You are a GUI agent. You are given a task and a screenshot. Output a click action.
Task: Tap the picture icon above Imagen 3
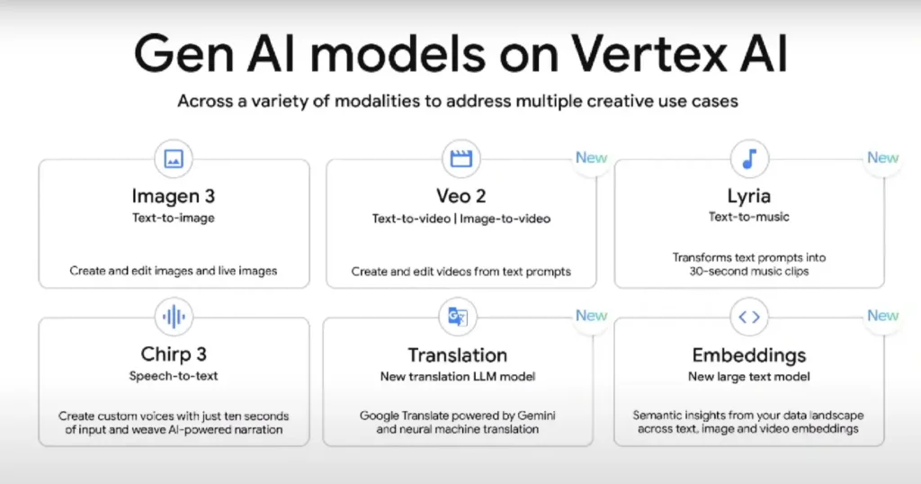(174, 158)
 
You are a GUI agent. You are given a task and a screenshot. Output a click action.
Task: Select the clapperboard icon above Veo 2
(461, 158)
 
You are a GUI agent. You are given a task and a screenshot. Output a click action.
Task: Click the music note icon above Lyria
(749, 158)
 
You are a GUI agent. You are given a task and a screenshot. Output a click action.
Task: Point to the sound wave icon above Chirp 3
(174, 317)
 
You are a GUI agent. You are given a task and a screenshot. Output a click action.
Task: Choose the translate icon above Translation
(458, 317)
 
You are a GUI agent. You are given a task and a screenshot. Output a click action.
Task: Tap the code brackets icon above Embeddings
(749, 318)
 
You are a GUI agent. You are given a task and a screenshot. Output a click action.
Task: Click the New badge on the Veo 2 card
(591, 157)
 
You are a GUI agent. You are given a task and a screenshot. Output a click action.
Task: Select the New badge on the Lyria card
(883, 157)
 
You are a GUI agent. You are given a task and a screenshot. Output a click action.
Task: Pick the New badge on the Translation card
(591, 316)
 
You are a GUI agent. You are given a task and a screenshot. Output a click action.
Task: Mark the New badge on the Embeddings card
(883, 316)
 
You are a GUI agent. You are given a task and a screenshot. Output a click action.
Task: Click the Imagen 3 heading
(174, 196)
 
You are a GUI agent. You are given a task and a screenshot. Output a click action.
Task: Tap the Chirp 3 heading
(174, 354)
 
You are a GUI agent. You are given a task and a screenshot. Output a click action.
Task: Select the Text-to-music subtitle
(749, 217)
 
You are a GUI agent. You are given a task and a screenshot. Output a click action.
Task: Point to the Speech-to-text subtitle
(174, 376)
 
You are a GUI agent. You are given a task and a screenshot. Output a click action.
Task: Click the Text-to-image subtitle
(174, 218)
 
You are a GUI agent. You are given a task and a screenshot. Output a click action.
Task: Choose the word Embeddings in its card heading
(749, 355)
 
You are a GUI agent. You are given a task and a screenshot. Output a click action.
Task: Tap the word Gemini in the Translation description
(536, 416)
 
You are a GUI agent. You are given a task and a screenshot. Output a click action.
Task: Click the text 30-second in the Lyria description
(719, 272)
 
